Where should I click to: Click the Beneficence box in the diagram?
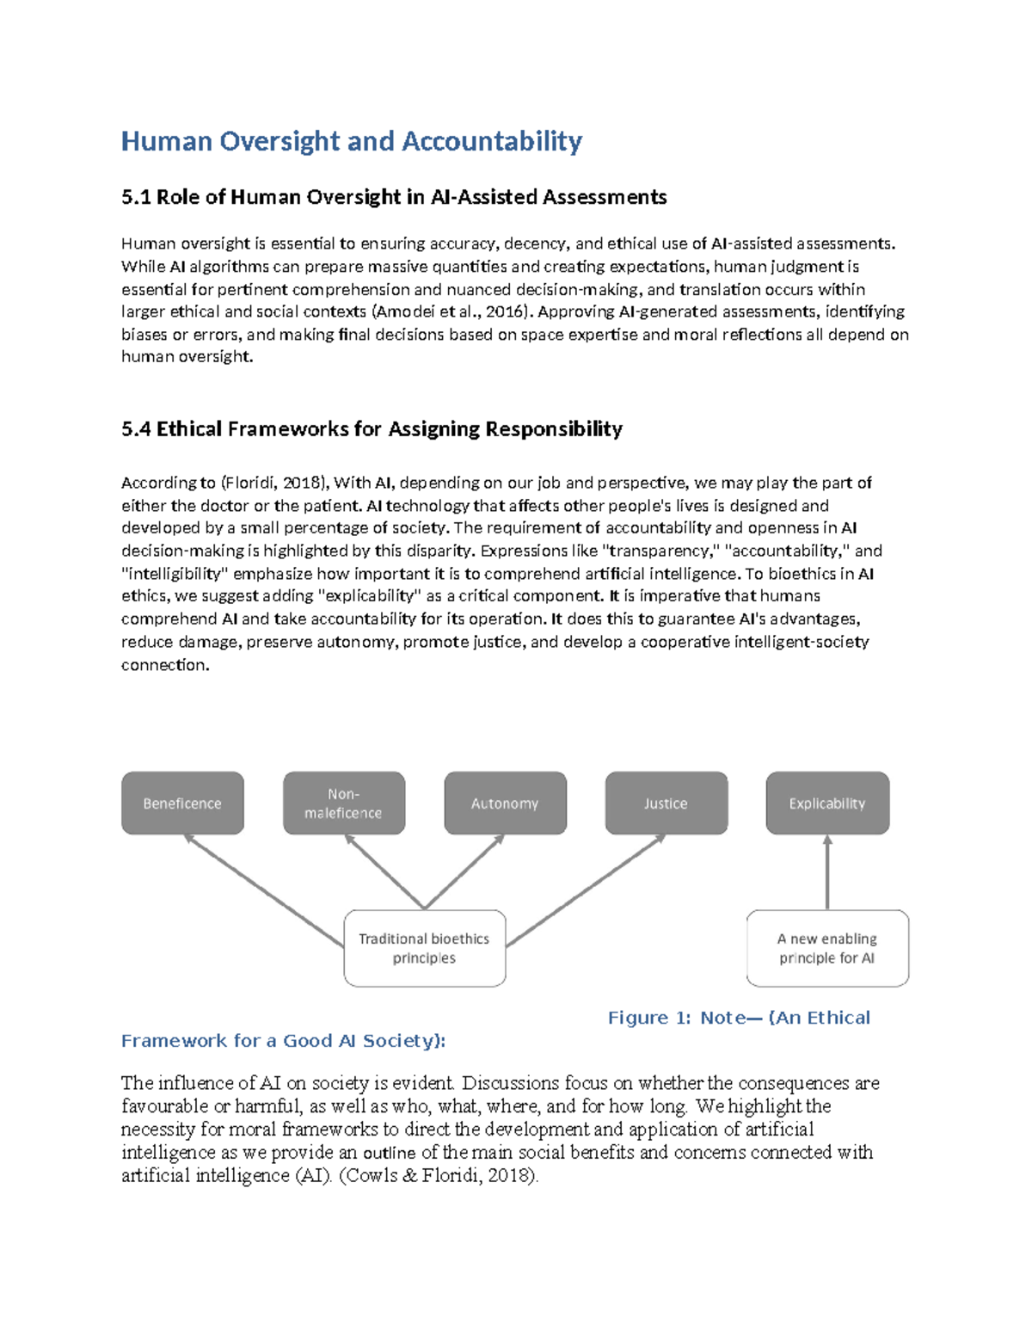coord(182,803)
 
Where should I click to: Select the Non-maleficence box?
coord(343,803)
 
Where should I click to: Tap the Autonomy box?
coord(505,803)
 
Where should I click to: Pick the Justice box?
coord(666,803)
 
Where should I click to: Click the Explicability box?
coord(827,803)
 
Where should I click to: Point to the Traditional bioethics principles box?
coord(424,948)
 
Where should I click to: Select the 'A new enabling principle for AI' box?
coord(827,948)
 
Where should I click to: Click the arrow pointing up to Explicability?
coord(827,873)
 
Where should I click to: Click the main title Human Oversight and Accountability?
coord(351,141)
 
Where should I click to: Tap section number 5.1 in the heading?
coord(136,197)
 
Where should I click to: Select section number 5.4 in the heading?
coord(136,428)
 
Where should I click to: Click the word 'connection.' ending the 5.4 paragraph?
coord(165,664)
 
